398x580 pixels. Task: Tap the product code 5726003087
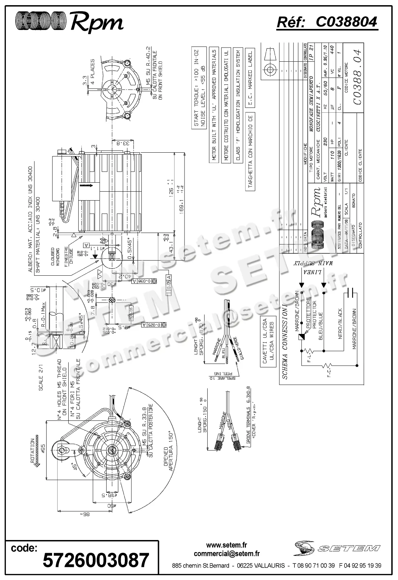point(96,560)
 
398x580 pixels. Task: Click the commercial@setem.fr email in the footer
point(227,554)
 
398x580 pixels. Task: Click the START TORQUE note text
point(196,87)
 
